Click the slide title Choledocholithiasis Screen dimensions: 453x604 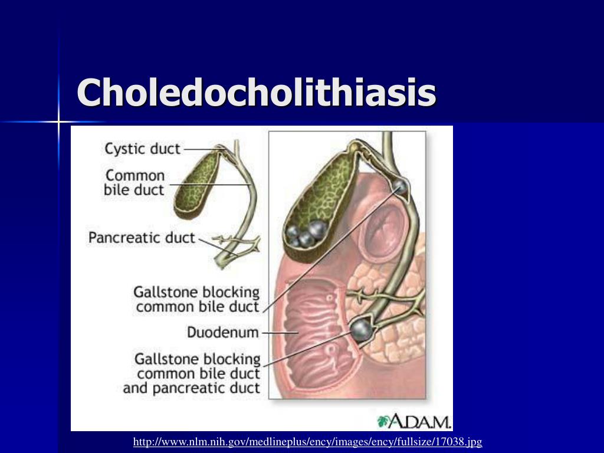coord(257,93)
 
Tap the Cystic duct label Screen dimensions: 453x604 coord(142,148)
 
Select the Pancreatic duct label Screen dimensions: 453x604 coord(142,238)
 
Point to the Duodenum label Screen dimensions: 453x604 coord(223,333)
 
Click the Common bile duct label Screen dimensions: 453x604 coord(134,183)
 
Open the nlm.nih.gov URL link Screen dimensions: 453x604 coord(308,441)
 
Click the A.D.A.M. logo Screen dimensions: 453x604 coord(414,421)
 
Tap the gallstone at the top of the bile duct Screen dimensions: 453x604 coord(400,187)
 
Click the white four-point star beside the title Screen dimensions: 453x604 coord(60,122)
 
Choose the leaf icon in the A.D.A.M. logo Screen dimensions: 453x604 coord(383,421)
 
